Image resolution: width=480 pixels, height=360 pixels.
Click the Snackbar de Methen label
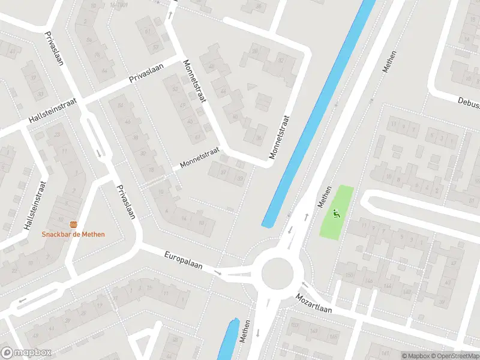tap(73, 234)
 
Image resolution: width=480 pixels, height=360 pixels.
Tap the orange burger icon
tap(73, 224)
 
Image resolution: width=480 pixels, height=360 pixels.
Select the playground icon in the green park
tap(335, 212)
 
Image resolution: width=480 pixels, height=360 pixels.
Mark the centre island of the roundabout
tap(277, 273)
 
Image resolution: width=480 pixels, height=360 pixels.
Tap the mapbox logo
tap(25, 352)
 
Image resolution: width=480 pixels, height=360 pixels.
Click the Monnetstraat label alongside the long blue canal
tap(280, 137)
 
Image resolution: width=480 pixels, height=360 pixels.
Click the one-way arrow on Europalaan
tap(218, 274)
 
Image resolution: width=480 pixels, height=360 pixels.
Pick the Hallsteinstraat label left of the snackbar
tap(34, 206)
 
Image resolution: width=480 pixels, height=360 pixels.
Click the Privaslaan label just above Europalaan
tap(126, 202)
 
